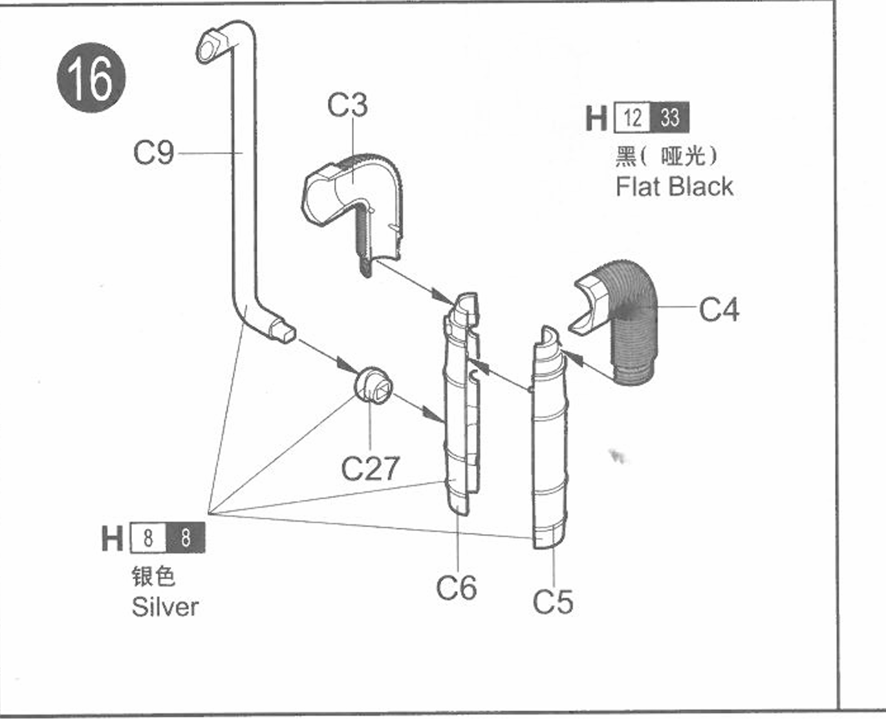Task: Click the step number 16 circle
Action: [91, 78]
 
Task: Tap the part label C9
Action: [153, 153]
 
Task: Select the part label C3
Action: [347, 105]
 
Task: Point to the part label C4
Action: [719, 309]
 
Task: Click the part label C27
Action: [370, 468]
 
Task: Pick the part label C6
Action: [457, 588]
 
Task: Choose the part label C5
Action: [553, 601]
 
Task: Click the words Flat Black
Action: [675, 186]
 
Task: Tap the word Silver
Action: [165, 606]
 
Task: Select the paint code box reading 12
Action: [632, 117]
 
